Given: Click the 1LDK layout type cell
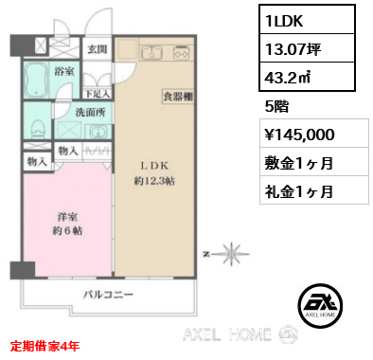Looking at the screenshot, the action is coord(307,19).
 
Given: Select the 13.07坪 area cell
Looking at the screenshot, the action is coord(307,48).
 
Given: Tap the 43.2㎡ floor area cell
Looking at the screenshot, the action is coord(307,77).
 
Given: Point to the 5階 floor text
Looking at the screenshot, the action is coord(276,106).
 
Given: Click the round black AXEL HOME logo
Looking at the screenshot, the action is coord(320,305).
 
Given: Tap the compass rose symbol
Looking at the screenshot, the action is coord(232,254).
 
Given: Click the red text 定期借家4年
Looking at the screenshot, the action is coord(44,346).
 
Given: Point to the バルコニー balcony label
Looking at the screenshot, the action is coord(108,295).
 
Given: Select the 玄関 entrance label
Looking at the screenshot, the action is coord(98,49).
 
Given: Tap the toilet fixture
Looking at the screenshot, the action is coord(37,128).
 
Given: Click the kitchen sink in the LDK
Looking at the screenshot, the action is coord(151,52).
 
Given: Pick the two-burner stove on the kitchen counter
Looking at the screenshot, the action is coord(182,53).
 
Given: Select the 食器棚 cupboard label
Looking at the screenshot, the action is coord(178,97).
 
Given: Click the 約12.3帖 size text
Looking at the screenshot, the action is coord(154,181).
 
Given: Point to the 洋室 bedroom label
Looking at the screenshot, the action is coord(67,217).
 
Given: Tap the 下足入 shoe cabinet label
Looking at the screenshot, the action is coord(98,94).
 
